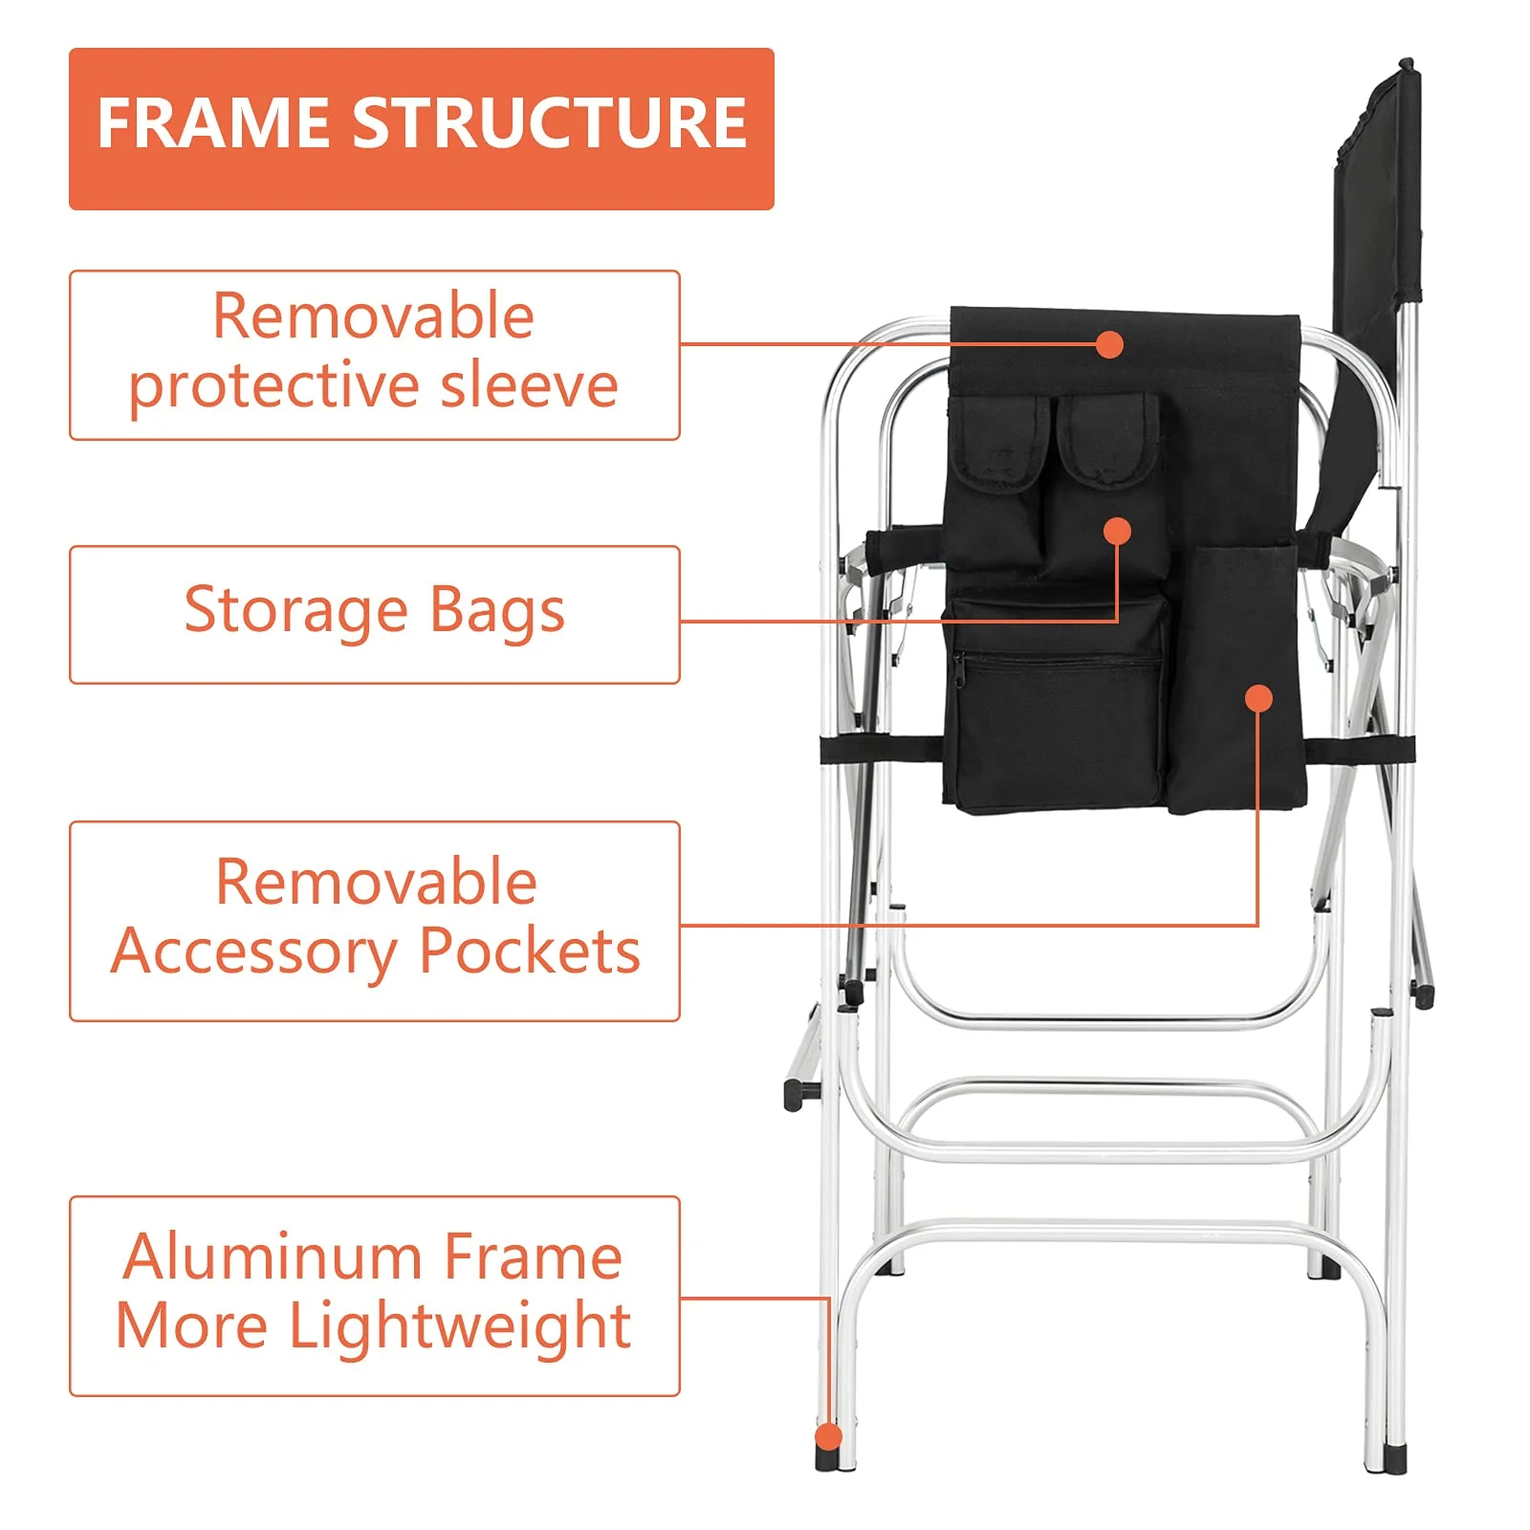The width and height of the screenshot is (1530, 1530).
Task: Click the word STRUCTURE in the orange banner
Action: (x=550, y=123)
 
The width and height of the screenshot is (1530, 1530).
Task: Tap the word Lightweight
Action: (x=459, y=1327)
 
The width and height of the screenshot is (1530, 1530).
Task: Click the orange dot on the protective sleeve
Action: (x=1109, y=345)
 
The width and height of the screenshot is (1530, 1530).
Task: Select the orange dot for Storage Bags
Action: (x=1117, y=531)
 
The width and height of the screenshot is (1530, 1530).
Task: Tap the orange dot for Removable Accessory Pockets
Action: (x=1259, y=699)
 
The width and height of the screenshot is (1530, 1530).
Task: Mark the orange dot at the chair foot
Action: (x=828, y=1437)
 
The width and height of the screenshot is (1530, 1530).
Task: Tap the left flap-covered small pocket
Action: (x=1000, y=445)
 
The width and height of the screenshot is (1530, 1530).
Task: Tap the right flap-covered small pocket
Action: (x=1108, y=440)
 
